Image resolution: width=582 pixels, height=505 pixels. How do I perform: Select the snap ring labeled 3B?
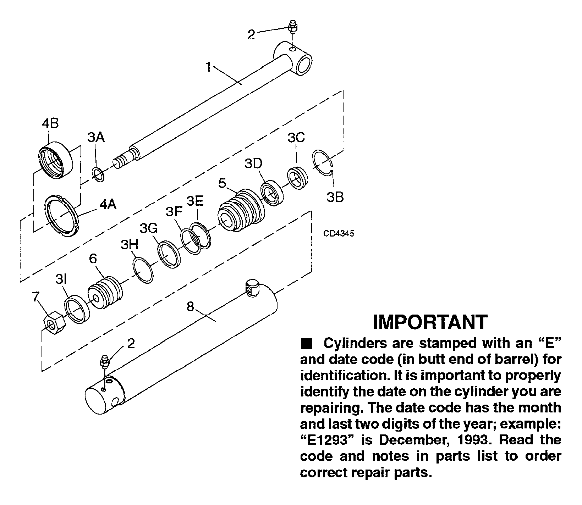coord(323,162)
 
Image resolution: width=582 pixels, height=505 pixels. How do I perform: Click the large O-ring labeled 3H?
coord(143,270)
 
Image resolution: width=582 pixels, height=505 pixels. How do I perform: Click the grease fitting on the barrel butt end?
coord(106,365)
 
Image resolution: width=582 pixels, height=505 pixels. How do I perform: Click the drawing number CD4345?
coord(339,234)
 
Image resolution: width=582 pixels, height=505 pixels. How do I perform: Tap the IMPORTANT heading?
coord(430,322)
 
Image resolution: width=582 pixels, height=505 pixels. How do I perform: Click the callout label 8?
coord(191,306)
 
